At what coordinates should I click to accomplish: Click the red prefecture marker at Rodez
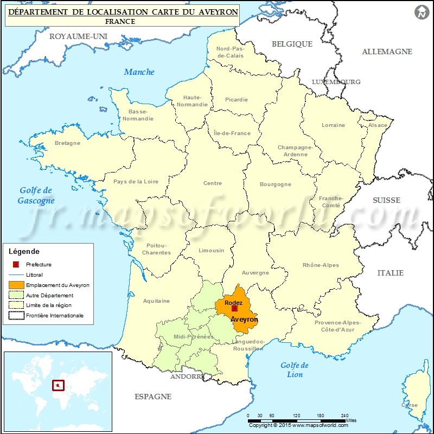click(234, 308)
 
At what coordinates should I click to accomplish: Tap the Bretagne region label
click(67, 143)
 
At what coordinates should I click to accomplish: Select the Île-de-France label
click(232, 133)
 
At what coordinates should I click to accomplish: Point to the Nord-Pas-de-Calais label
click(230, 52)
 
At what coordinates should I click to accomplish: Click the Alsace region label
click(378, 125)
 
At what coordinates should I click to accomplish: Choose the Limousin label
click(212, 251)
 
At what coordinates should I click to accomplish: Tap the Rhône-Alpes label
click(321, 265)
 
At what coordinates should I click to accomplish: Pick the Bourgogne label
click(276, 184)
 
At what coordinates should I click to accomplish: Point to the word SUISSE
click(386, 200)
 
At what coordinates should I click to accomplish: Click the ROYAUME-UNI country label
click(78, 36)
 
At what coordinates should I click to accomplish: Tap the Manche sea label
click(139, 72)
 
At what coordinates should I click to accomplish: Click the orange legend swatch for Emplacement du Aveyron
click(16, 285)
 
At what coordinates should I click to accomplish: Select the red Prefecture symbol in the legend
click(16, 264)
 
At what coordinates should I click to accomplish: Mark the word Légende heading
click(24, 252)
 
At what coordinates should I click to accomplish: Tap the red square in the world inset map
click(58, 386)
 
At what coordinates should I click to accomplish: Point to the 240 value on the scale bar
click(344, 415)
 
